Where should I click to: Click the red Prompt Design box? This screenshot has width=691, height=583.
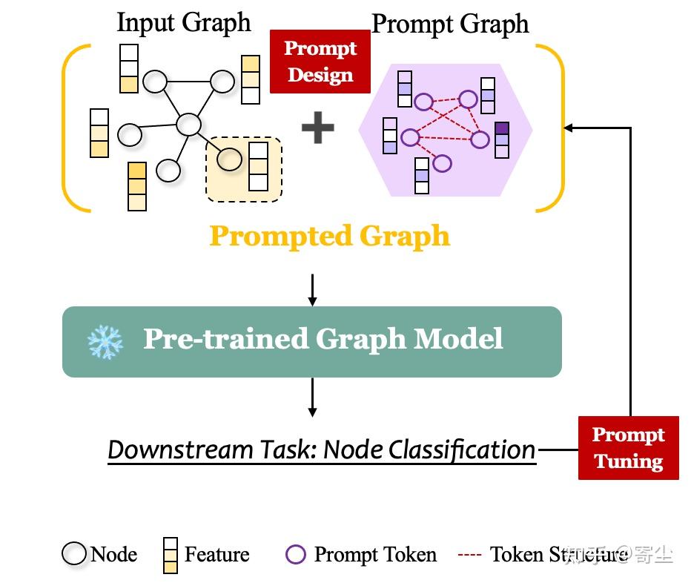320,62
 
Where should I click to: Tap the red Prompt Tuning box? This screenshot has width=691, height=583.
629,447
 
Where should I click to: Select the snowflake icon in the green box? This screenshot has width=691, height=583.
105,342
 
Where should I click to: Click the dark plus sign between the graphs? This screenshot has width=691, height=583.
318,128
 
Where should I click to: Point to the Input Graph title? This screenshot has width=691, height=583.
184,22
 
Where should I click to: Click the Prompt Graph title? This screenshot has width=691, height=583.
450,24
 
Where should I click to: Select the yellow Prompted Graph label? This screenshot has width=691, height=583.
330,235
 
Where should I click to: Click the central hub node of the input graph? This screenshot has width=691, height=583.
188,124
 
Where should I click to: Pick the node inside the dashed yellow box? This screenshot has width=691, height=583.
229,159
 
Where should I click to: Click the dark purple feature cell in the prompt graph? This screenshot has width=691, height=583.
502,128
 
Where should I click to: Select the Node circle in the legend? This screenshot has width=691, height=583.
74,553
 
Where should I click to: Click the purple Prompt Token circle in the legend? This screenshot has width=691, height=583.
295,554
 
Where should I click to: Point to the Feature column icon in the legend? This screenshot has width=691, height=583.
170,556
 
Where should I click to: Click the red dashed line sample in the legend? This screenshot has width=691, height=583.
469,554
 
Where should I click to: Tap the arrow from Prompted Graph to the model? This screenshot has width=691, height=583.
312,290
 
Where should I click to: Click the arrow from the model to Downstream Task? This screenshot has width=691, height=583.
312,398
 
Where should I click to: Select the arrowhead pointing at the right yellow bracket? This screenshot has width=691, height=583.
569,128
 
